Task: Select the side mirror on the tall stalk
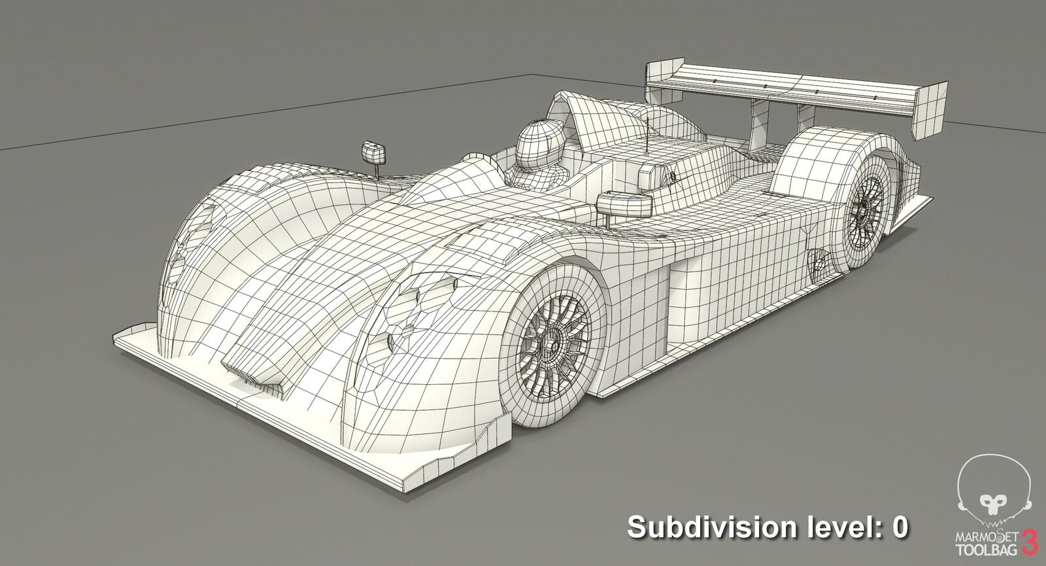pos(373,152)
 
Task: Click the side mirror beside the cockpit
pos(624,204)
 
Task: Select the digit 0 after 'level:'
pos(899,527)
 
